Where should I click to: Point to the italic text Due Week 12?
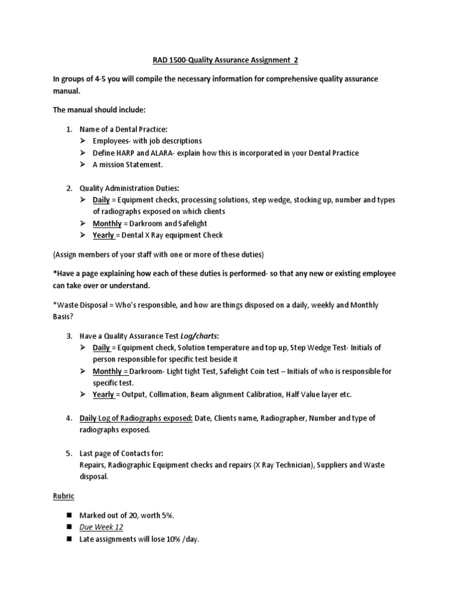coord(102,527)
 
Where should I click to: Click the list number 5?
coord(68,453)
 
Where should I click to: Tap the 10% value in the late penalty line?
coord(160,539)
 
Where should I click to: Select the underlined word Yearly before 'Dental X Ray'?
coord(103,235)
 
